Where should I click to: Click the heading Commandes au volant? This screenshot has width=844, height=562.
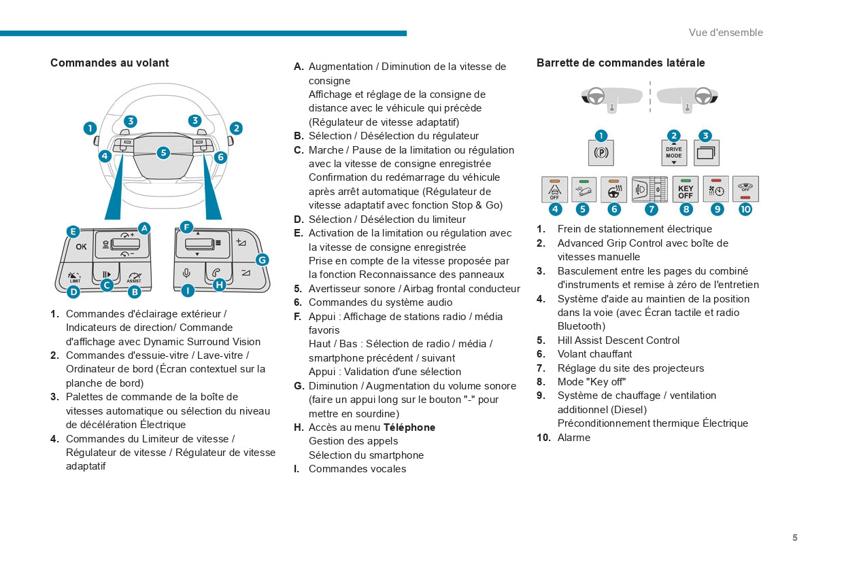pos(109,63)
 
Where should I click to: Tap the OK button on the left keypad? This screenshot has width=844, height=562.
pos(81,247)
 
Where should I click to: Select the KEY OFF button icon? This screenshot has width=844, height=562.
pos(686,190)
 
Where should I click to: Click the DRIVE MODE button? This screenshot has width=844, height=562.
pos(674,153)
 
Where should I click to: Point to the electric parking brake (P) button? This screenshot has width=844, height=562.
pos(601,153)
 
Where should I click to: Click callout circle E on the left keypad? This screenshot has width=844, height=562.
pos(73,231)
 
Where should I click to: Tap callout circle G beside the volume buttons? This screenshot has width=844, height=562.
pos(262,259)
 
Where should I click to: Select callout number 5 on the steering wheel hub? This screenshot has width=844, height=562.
pos(163,153)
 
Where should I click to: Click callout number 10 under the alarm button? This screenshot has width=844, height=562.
pos(745,209)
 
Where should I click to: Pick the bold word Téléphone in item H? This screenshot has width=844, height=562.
pos(409,427)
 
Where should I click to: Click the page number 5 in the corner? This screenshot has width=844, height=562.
pos(794,538)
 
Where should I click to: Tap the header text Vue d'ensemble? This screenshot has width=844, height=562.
pos(726,33)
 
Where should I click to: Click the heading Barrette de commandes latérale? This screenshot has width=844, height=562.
pos(620,63)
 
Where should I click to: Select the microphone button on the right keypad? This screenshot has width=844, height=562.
pos(186,273)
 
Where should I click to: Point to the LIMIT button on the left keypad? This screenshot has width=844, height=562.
pos(75,276)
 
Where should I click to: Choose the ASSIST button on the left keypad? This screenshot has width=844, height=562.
pos(134,276)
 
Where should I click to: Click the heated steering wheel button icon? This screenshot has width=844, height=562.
pos(614,190)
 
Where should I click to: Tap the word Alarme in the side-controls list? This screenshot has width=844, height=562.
pos(574,438)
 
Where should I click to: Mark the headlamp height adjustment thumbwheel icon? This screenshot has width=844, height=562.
pos(650,190)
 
